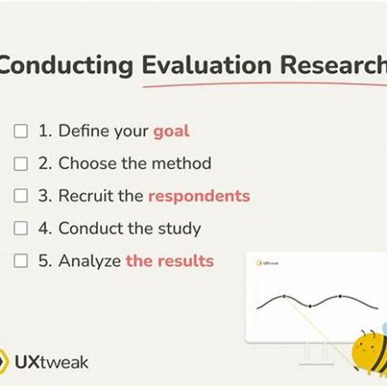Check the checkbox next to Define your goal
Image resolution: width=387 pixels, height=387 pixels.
[x=21, y=131]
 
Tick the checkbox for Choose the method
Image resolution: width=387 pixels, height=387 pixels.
[x=21, y=163]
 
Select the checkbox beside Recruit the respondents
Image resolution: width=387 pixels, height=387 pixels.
[x=21, y=196]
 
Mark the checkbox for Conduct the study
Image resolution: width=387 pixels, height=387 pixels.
[x=21, y=228]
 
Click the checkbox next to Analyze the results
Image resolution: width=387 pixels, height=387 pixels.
[x=21, y=261]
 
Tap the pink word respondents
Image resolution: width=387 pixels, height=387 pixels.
[x=199, y=197]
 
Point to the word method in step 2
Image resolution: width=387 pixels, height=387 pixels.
[x=181, y=163]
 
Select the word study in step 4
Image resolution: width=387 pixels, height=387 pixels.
[x=180, y=229]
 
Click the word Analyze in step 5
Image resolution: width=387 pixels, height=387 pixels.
[x=90, y=261]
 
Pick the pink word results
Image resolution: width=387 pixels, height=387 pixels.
[x=186, y=261]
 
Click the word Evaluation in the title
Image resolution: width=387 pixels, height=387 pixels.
[x=207, y=65]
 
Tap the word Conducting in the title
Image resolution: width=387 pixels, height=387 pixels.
[x=66, y=66]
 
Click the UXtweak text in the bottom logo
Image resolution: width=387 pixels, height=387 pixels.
[x=52, y=362]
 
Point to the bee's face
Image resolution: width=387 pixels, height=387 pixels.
[x=365, y=349]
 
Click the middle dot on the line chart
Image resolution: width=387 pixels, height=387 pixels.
[x=310, y=307]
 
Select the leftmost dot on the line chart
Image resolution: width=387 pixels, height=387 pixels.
[x=284, y=296]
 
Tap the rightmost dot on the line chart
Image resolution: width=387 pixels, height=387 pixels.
[x=341, y=296]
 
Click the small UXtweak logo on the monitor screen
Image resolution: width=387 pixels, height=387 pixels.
[x=267, y=263]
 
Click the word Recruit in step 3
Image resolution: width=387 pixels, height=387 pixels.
[x=87, y=196]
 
